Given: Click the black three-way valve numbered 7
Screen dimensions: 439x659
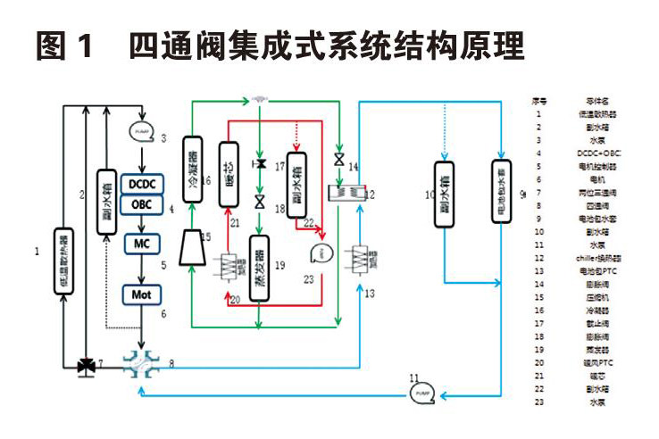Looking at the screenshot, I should click(x=87, y=365).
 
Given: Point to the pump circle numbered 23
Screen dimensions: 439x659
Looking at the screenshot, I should click(x=320, y=255).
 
